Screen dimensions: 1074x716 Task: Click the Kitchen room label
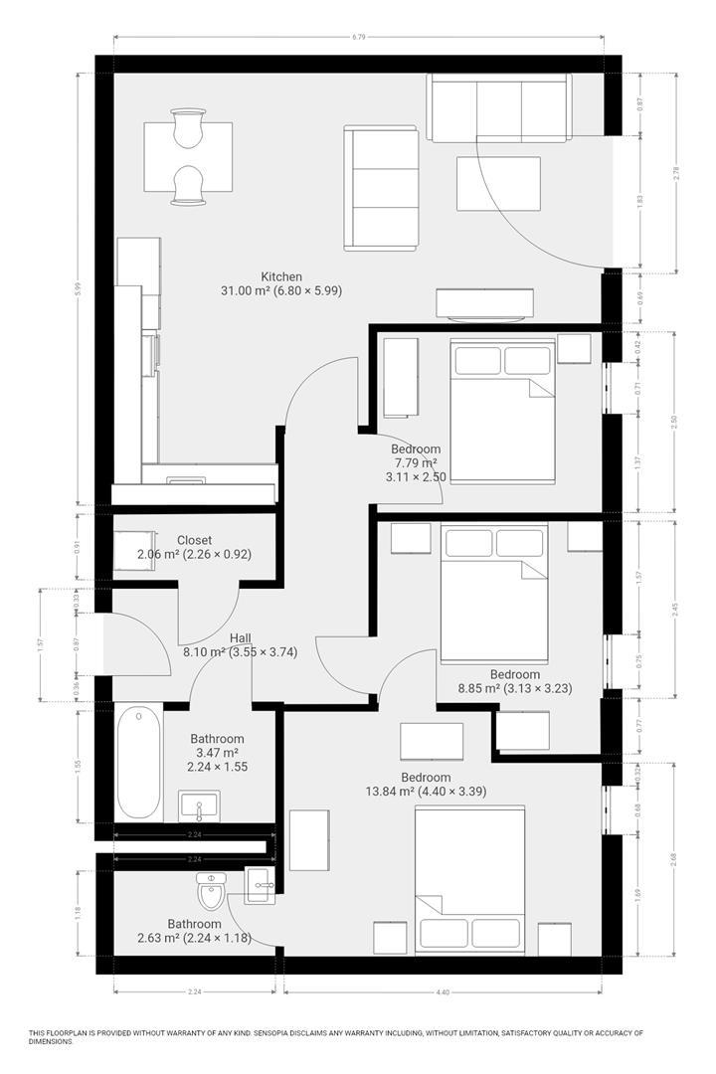click(281, 276)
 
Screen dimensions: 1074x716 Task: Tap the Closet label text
click(194, 541)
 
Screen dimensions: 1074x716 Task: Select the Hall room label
click(241, 638)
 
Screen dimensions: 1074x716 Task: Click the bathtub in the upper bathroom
click(139, 762)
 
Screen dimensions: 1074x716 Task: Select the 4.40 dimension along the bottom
click(443, 991)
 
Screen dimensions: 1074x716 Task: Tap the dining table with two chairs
click(188, 157)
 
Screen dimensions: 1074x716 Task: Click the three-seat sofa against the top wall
click(499, 107)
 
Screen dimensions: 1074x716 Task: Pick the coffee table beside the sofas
click(498, 184)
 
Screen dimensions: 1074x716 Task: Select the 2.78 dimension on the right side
click(677, 171)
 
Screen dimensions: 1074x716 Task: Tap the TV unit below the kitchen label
click(484, 304)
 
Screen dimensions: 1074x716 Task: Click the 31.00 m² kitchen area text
click(280, 291)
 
